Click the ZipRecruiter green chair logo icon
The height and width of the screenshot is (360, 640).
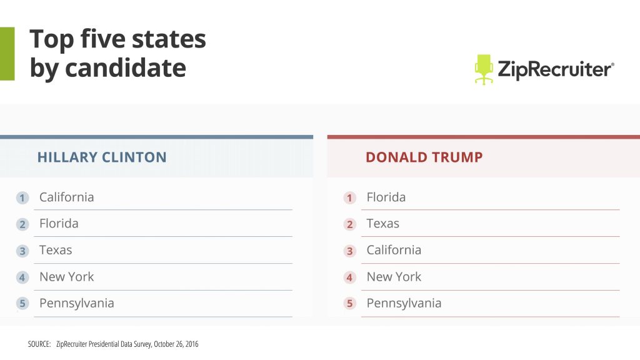click(x=484, y=69)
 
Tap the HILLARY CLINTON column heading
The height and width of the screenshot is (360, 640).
click(x=102, y=157)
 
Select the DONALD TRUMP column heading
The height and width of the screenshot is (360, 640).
click(x=424, y=157)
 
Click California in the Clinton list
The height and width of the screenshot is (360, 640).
click(x=66, y=197)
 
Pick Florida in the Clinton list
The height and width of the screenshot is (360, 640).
click(x=59, y=223)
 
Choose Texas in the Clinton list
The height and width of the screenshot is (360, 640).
click(x=56, y=250)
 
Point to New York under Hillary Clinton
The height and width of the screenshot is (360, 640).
click(x=66, y=276)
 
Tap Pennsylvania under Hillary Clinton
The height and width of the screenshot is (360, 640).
click(x=76, y=303)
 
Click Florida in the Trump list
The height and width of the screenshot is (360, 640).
click(x=386, y=197)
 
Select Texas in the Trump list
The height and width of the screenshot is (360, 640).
click(x=382, y=223)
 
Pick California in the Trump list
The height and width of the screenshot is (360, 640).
click(x=394, y=250)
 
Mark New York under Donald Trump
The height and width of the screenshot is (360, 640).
click(x=394, y=276)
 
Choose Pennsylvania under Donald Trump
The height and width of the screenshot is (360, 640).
click(x=404, y=303)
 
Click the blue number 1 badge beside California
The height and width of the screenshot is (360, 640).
click(x=22, y=198)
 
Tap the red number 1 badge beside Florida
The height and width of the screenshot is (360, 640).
click(x=350, y=198)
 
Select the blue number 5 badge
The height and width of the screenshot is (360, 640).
click(x=22, y=304)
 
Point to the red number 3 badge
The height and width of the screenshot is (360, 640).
click(x=350, y=251)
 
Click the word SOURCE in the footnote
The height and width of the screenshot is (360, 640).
click(x=39, y=344)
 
